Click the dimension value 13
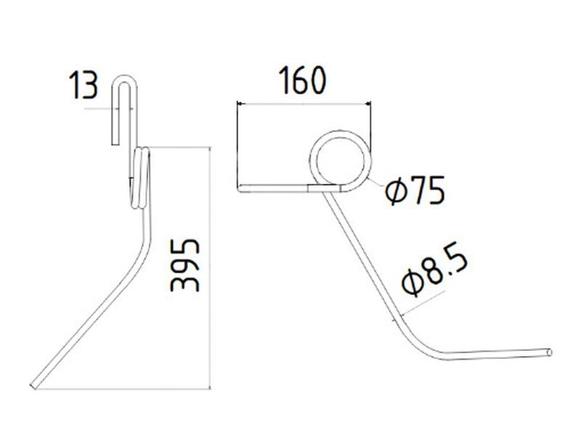(x=84, y=86)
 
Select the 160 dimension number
(x=300, y=81)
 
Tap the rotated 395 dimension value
(x=186, y=263)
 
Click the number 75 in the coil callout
(x=427, y=191)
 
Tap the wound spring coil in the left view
(x=141, y=178)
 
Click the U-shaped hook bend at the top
(x=126, y=81)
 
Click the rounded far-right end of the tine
(x=550, y=352)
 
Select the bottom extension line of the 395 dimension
(x=123, y=389)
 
